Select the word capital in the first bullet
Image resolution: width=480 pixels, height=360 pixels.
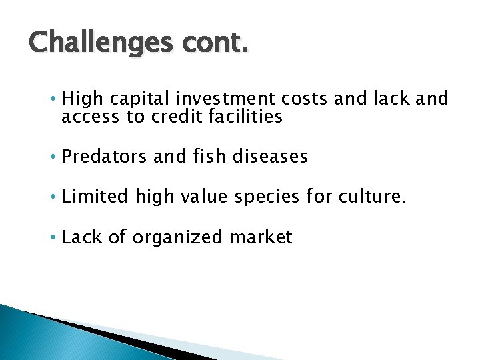139,99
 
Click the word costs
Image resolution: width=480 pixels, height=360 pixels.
303,99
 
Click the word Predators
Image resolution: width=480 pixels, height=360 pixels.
105,157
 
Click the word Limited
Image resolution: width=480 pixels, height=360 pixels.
95,197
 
